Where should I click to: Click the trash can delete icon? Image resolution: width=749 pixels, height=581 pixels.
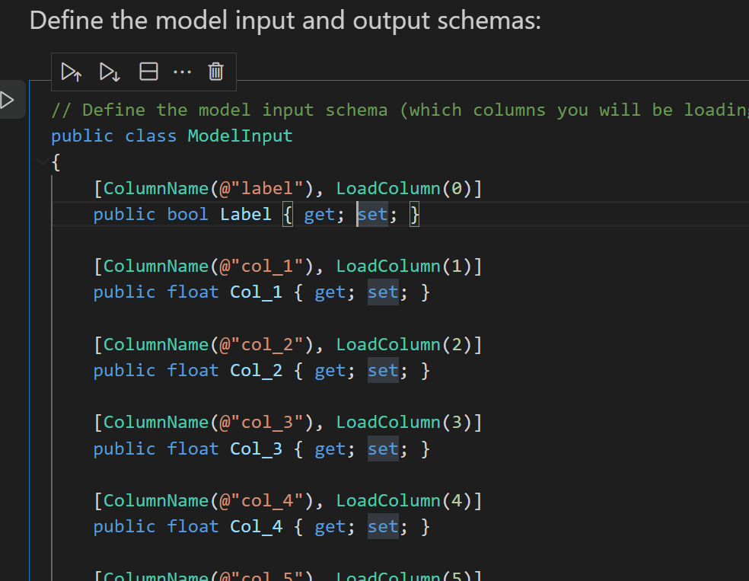coord(216,72)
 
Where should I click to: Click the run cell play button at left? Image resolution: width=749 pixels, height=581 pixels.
coord(8,100)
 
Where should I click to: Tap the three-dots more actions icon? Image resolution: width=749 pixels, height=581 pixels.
coord(182,72)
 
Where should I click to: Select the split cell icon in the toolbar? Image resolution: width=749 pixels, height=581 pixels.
coord(149,72)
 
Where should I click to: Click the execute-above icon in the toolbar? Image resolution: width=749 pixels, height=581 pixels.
coord(71,72)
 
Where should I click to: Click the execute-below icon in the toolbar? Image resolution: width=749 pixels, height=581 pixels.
coord(110,72)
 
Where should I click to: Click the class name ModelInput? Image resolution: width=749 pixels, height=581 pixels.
coord(240,136)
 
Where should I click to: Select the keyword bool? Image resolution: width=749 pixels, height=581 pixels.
coord(187,214)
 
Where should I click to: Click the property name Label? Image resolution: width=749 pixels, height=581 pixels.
coord(246,214)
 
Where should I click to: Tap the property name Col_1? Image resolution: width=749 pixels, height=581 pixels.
coord(256,292)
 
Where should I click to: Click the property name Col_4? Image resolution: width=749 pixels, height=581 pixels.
coord(256,526)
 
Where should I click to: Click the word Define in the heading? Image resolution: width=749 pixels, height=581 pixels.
coord(65,21)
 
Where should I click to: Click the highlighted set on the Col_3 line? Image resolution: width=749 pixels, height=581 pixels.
coord(383,449)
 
